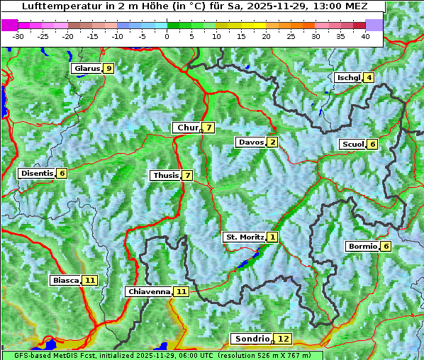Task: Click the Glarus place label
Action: (86, 69)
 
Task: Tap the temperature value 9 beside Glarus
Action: (108, 69)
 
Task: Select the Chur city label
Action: (187, 128)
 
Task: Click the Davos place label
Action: (251, 142)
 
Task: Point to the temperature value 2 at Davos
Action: (272, 142)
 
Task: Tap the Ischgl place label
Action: (348, 78)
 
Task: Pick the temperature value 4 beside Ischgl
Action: (369, 78)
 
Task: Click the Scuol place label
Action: (352, 145)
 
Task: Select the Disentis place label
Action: (37, 174)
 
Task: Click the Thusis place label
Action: (165, 176)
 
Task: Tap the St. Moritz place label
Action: (244, 237)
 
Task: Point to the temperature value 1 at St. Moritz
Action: (273, 237)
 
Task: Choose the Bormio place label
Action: (362, 247)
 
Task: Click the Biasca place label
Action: (65, 281)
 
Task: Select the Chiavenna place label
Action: (149, 291)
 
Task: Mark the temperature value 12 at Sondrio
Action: (283, 339)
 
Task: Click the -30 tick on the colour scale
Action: (18, 36)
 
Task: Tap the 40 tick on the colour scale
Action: (365, 36)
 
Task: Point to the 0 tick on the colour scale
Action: (167, 36)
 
